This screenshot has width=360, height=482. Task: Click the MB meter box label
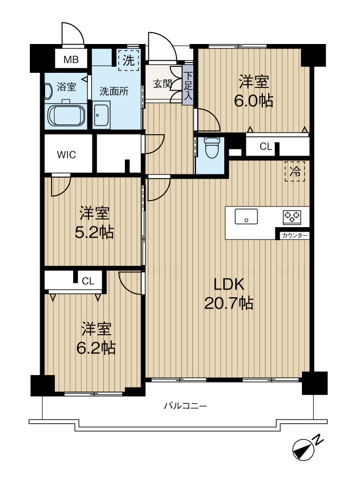point(71,59)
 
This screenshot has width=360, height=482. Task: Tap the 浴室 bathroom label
point(67,87)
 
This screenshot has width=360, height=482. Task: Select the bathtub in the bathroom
point(66,116)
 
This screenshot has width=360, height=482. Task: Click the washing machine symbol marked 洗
point(129,60)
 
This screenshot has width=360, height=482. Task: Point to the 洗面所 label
point(114,91)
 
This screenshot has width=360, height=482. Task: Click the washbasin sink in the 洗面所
point(101,115)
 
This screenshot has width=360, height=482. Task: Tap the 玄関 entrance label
point(162,84)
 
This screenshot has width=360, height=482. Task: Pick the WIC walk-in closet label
point(66,155)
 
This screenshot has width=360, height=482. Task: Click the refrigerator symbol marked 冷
point(295,171)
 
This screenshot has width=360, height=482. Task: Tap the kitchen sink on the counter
point(247,216)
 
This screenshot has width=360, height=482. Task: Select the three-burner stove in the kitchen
point(292,217)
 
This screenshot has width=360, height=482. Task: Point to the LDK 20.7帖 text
point(229,294)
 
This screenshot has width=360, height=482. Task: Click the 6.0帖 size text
point(254,101)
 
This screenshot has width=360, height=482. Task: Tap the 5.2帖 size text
point(94,233)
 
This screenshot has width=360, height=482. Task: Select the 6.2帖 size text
point(96,348)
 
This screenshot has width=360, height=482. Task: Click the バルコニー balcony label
point(185,406)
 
